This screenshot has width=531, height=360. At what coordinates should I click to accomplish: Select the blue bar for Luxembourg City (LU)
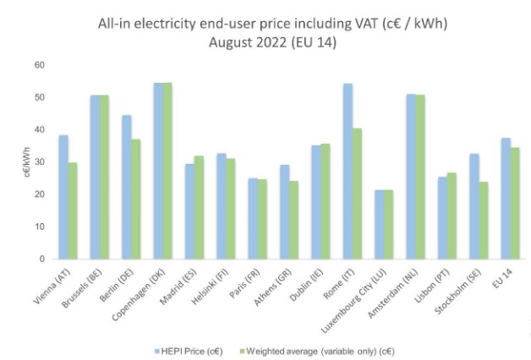pos(379,225)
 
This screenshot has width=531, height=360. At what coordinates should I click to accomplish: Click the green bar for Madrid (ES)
pos(199,207)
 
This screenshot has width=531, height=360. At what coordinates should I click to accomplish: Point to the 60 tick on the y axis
pos(39,64)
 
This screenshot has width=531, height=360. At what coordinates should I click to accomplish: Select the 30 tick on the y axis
pos(39,162)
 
